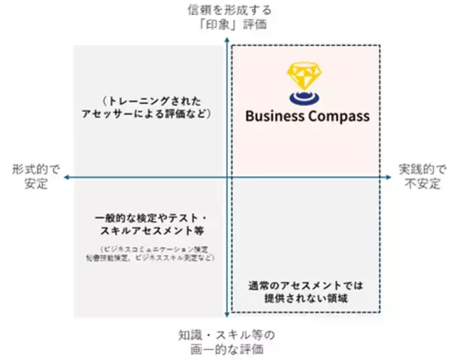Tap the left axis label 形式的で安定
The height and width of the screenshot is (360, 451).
(30, 177)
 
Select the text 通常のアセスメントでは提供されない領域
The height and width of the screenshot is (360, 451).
(305, 292)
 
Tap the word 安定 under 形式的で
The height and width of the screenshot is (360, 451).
(30, 185)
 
